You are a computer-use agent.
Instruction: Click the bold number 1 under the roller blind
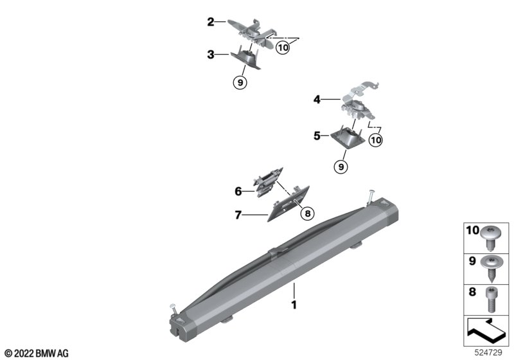point(294,305)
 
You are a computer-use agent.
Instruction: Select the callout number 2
point(211,22)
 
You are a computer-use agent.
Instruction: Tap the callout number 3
point(211,55)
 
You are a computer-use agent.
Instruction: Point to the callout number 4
point(317,100)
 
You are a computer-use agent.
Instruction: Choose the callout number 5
point(317,136)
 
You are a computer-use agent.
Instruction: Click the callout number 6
point(238,191)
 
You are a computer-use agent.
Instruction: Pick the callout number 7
point(238,215)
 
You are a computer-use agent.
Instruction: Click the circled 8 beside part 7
point(308,214)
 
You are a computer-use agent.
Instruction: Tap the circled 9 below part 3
point(240,83)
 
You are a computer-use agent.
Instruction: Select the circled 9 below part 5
point(341,167)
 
